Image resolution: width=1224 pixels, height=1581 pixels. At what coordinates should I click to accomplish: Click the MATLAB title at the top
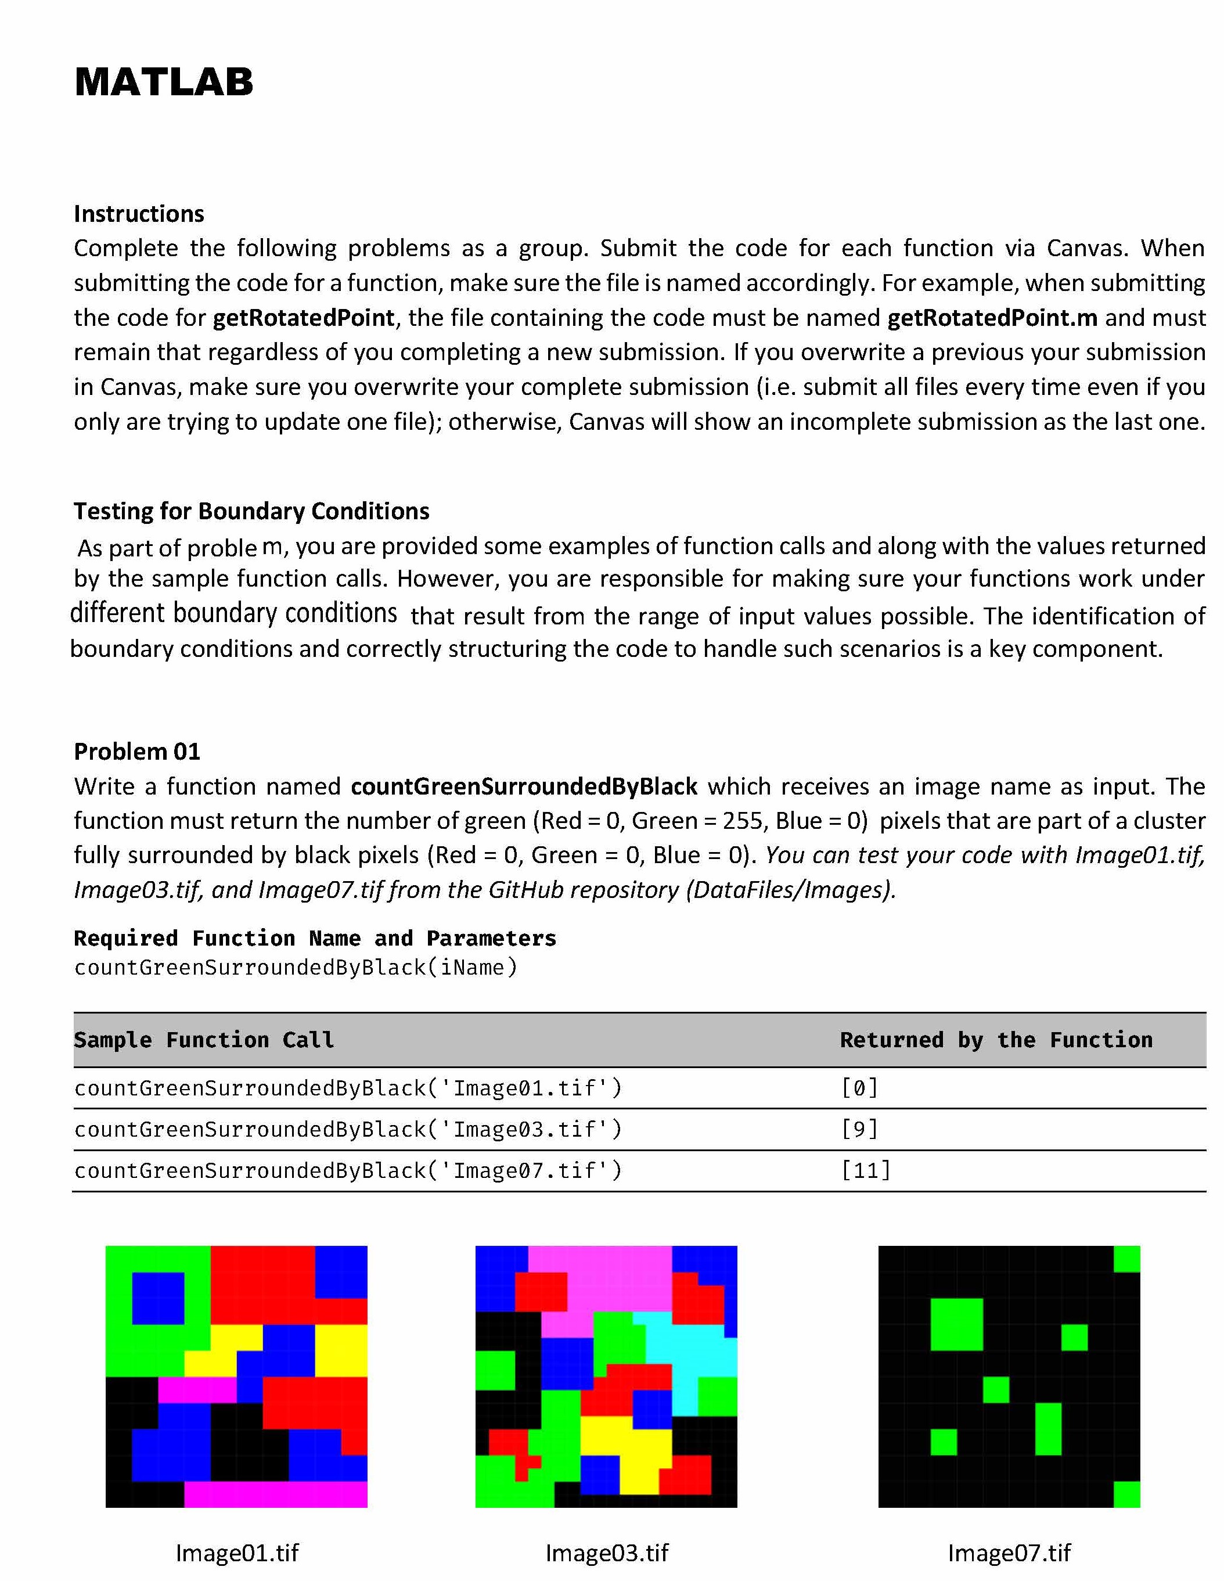click(x=164, y=82)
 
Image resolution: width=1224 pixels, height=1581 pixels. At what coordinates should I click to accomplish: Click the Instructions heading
click(x=139, y=214)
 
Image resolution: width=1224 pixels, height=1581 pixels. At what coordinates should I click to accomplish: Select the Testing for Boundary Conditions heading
click(x=251, y=511)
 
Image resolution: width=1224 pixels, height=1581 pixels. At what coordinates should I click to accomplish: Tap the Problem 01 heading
click(x=137, y=752)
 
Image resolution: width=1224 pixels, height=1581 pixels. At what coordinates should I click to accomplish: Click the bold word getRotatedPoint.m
click(x=992, y=318)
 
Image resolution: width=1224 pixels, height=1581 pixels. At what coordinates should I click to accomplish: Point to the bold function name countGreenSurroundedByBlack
click(x=523, y=787)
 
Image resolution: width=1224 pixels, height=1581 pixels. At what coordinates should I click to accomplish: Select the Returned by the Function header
click(x=996, y=1040)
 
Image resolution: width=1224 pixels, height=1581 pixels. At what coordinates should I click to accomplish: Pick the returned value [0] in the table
click(x=859, y=1088)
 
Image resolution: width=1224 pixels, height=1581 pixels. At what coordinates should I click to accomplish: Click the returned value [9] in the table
click(x=859, y=1129)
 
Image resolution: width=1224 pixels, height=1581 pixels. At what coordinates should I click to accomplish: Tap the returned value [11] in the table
click(x=866, y=1170)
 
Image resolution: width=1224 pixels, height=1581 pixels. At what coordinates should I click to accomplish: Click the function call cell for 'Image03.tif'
click(x=347, y=1129)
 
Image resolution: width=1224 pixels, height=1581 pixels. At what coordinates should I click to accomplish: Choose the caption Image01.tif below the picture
click(x=237, y=1553)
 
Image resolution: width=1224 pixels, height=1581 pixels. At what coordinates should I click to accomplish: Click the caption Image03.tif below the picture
click(x=607, y=1553)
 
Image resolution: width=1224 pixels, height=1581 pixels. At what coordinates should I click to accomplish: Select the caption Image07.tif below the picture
click(x=1009, y=1553)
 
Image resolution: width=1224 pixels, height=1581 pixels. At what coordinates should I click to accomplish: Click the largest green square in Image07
click(x=956, y=1325)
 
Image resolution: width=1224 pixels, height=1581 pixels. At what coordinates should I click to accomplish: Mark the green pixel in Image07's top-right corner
click(x=1126, y=1259)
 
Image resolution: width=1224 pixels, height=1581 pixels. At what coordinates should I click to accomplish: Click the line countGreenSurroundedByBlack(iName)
click(x=296, y=968)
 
